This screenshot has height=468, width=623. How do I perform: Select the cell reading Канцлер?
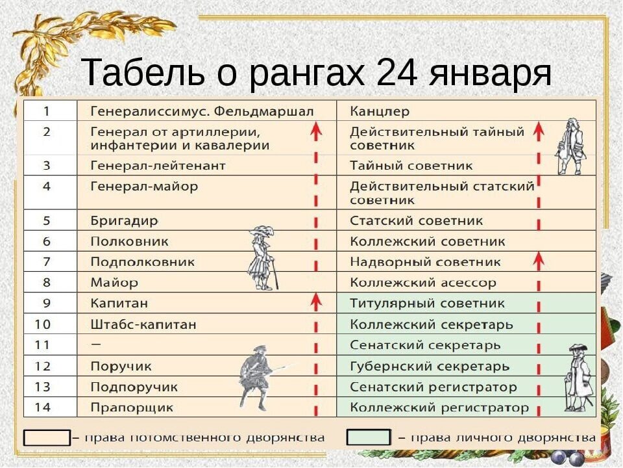click(x=380, y=111)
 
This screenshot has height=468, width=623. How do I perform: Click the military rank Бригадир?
click(x=124, y=221)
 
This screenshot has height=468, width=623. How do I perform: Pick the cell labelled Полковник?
click(x=129, y=242)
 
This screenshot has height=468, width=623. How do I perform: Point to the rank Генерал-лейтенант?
click(x=158, y=166)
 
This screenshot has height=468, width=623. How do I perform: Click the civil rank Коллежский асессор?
click(x=422, y=283)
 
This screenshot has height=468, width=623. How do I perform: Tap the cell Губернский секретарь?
click(x=430, y=367)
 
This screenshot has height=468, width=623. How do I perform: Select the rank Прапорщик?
click(x=132, y=408)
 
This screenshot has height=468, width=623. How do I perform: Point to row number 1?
click(x=47, y=111)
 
